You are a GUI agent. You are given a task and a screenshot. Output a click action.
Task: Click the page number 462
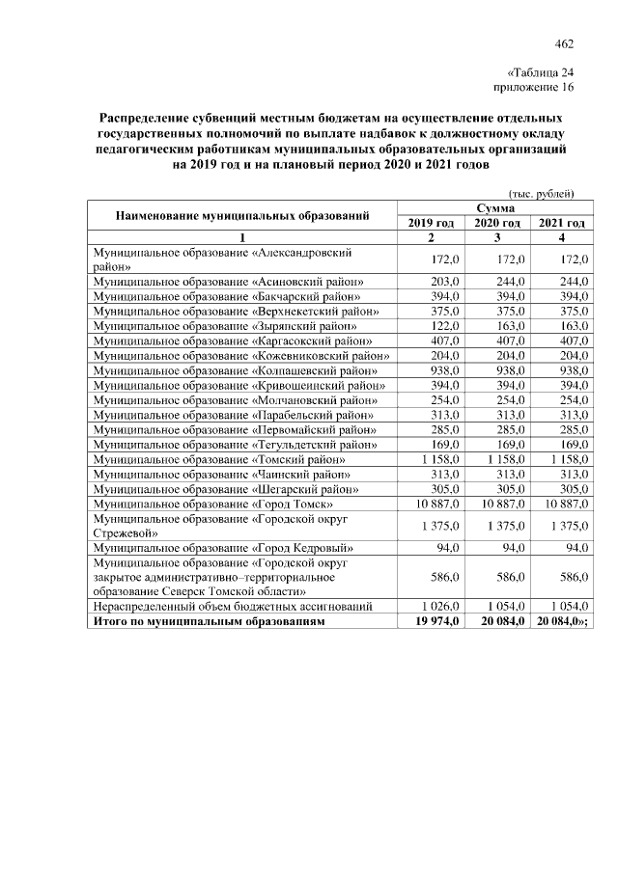tap(565, 43)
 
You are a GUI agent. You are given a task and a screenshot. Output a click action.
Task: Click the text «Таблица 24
tap(540, 72)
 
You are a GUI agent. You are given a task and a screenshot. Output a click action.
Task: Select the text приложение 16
tap(534, 87)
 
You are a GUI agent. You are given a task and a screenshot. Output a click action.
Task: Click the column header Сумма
tap(495, 207)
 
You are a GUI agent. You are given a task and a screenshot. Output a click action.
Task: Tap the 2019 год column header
tap(431, 223)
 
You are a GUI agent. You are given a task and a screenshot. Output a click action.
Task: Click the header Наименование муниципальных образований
tap(242, 215)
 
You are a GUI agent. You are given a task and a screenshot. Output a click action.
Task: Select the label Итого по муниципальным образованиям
tap(207, 621)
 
